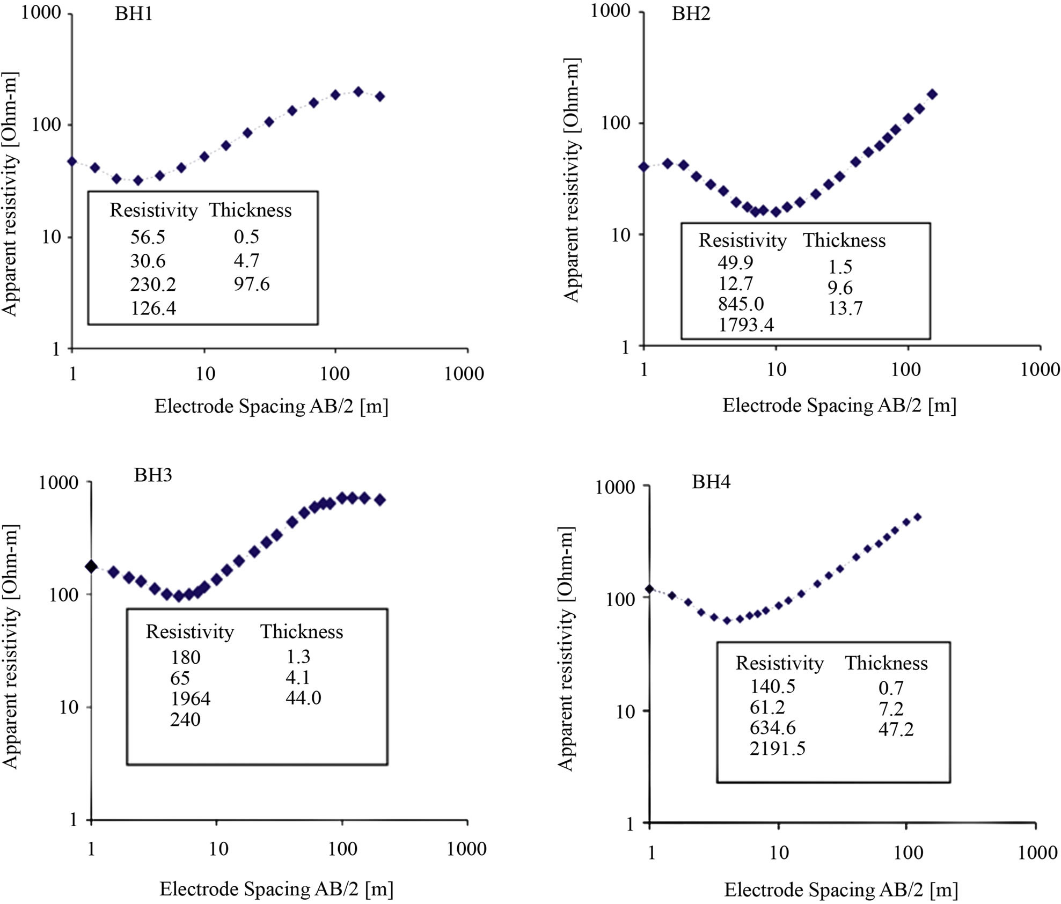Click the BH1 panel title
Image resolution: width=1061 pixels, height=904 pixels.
click(134, 13)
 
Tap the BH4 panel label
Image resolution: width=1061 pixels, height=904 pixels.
click(711, 482)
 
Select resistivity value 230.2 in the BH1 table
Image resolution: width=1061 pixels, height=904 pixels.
click(153, 284)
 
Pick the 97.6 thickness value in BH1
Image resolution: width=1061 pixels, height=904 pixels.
click(251, 283)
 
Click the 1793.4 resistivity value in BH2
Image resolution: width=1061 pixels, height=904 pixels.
click(746, 325)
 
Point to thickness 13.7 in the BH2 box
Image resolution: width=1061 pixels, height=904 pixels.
click(845, 308)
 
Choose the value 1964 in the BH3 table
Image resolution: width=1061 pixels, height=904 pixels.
click(191, 699)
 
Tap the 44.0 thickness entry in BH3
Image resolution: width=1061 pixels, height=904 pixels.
click(303, 697)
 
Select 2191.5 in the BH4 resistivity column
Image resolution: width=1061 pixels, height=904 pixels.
click(778, 748)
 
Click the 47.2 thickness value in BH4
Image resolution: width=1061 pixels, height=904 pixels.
click(896, 729)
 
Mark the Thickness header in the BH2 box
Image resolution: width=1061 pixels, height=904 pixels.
click(844, 240)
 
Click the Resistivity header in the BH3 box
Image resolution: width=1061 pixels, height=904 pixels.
click(190, 631)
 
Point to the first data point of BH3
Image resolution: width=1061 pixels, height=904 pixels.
click(91, 567)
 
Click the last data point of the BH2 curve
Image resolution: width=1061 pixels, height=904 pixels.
click(932, 94)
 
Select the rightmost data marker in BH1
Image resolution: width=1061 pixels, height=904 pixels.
click(380, 97)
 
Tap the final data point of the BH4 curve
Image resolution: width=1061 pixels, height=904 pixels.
click(917, 517)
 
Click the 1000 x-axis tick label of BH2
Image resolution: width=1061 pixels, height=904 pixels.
click(1040, 369)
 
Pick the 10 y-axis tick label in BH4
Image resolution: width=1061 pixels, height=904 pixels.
click(625, 712)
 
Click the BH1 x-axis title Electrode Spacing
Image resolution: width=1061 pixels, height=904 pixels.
click(271, 406)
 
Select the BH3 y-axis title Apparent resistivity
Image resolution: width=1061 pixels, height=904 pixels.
click(11, 646)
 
